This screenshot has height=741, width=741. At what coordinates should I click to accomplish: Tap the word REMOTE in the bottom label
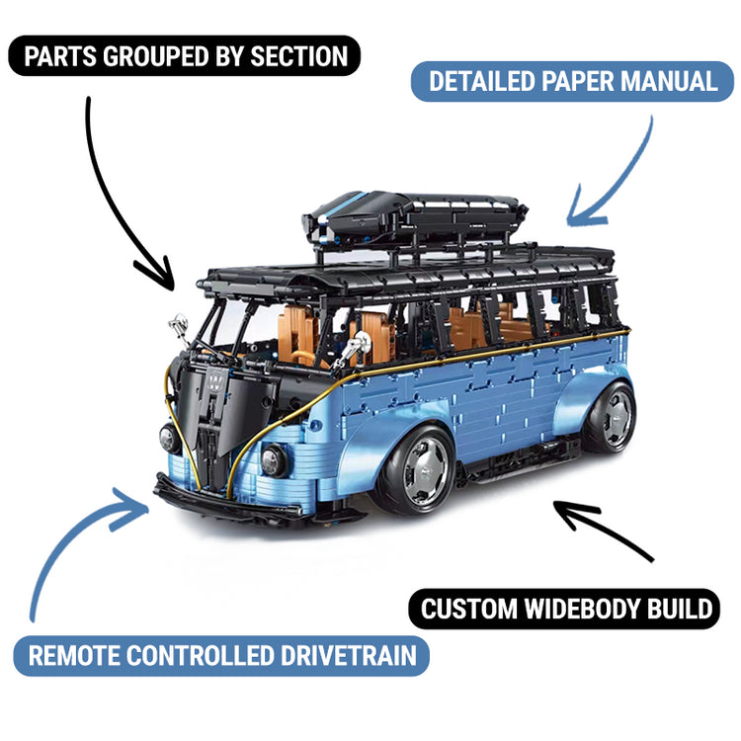tap(77, 656)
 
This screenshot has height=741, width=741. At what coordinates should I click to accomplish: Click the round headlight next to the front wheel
tap(275, 459)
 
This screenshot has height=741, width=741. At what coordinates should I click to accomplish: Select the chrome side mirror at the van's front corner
tap(179, 324)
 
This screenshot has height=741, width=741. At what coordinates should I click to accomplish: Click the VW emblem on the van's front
tap(215, 379)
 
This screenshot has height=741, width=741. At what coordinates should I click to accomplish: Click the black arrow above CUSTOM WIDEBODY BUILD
tap(603, 529)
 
